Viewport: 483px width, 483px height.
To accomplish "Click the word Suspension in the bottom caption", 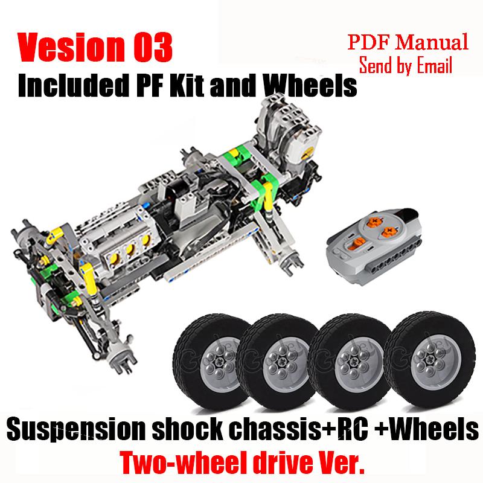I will click(82, 430).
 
